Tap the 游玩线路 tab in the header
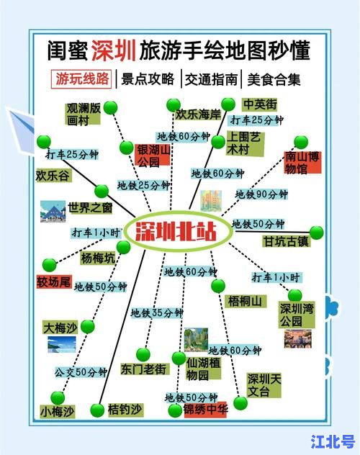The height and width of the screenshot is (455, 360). (83, 78)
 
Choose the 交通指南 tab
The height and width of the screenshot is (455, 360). (210, 79)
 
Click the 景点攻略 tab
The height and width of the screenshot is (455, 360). (148, 79)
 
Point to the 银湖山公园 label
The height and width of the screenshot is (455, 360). (153, 156)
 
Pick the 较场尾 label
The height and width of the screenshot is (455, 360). (55, 281)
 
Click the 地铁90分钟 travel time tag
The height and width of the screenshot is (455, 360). (261, 194)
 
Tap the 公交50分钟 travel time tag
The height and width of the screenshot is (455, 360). (81, 372)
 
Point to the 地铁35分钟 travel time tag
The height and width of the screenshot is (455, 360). (157, 312)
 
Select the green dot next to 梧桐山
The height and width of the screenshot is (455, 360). (218, 286)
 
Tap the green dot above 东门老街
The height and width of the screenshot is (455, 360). (143, 354)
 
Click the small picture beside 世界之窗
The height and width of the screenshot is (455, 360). (53, 211)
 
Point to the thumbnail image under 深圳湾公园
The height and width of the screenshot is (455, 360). (297, 338)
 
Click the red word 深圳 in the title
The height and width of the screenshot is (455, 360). (114, 50)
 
